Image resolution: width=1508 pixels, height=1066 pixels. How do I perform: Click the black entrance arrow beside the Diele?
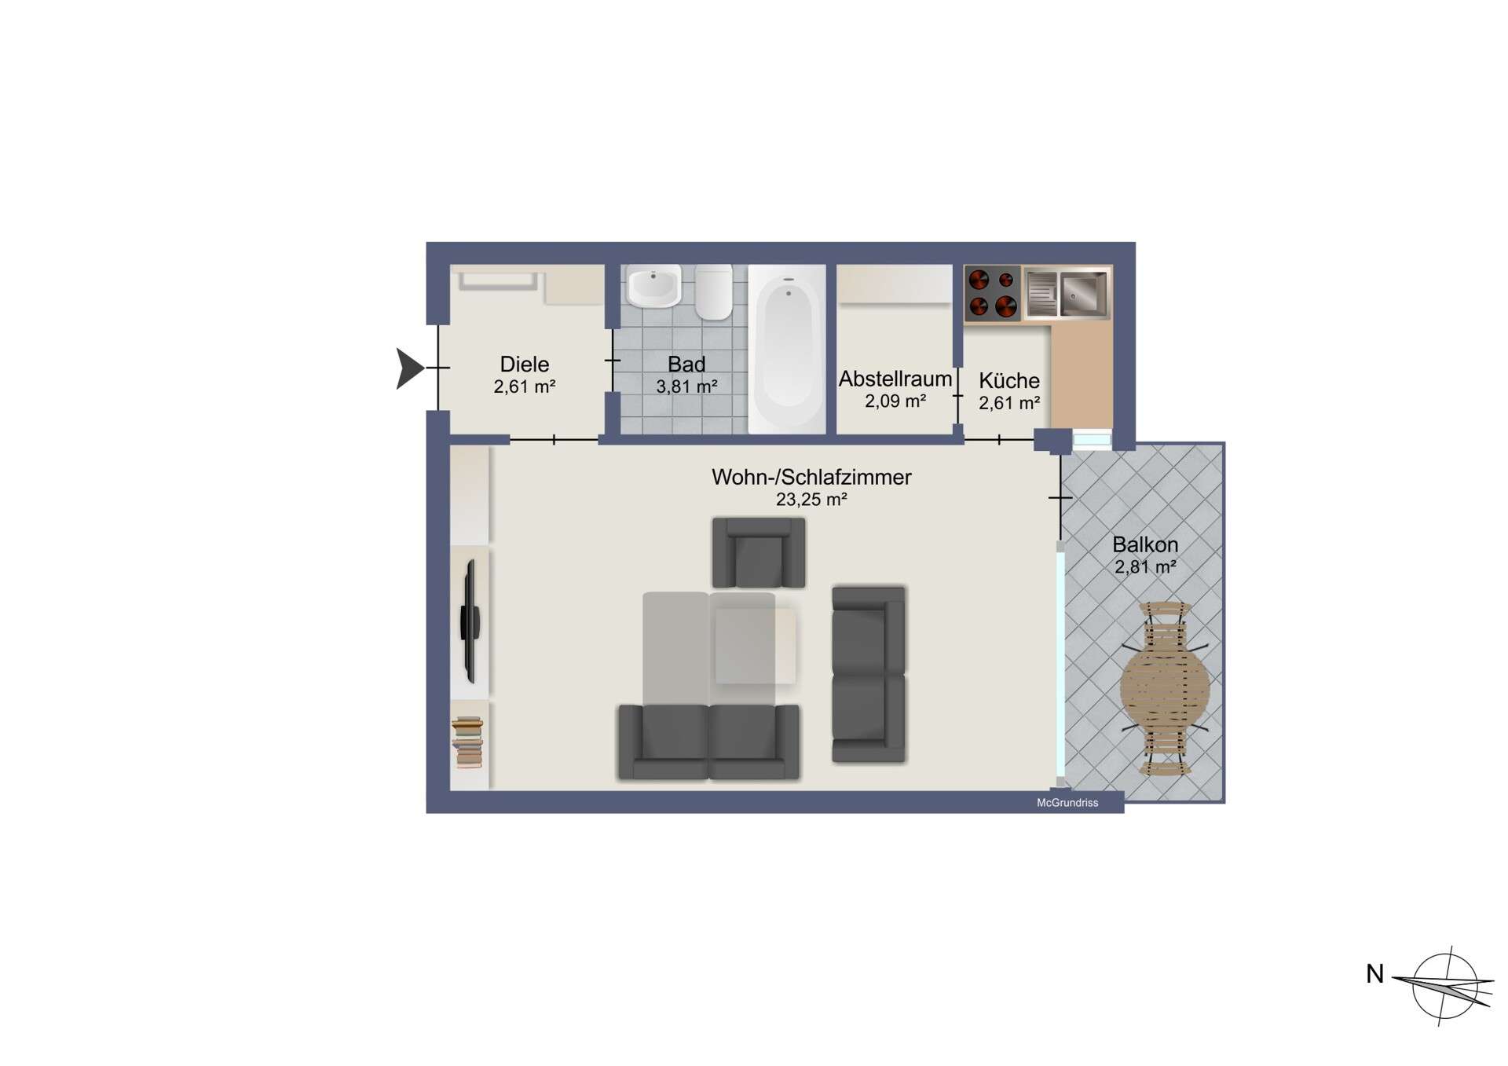click(x=409, y=368)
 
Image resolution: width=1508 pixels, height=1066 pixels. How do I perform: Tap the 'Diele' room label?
click(x=524, y=364)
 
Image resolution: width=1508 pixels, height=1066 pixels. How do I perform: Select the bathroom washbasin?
click(x=653, y=287)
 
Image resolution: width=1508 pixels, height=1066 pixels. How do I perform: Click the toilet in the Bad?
click(x=713, y=291)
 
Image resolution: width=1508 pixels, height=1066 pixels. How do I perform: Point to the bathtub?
click(x=786, y=348)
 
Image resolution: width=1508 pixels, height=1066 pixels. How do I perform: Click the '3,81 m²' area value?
click(x=686, y=386)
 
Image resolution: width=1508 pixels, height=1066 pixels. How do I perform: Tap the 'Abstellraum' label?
click(x=895, y=379)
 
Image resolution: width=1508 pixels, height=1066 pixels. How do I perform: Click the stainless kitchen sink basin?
click(x=1083, y=293)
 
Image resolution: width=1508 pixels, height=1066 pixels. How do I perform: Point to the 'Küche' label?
click(x=1008, y=381)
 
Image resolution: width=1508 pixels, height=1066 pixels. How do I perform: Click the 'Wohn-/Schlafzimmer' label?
click(x=811, y=477)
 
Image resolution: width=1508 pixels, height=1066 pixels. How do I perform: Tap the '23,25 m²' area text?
click(x=811, y=500)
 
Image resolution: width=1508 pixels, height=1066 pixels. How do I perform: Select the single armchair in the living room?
click(x=758, y=553)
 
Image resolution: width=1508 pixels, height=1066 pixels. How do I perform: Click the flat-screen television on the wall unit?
click(x=470, y=621)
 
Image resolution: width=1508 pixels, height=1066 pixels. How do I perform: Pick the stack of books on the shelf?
click(x=467, y=742)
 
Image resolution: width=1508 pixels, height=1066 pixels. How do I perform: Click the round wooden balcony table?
click(x=1165, y=689)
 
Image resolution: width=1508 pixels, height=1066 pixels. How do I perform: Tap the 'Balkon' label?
click(x=1144, y=544)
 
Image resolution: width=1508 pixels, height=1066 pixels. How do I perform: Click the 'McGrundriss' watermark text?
click(x=1067, y=803)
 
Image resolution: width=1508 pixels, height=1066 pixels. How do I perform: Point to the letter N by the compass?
click(x=1374, y=974)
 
